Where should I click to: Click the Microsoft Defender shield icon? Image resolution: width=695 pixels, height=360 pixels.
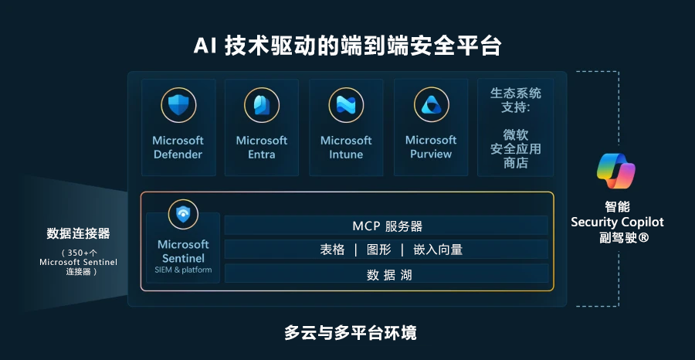[x=178, y=105]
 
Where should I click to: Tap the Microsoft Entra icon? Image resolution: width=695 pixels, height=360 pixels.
[x=262, y=105]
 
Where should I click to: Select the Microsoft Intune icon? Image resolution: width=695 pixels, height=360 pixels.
[x=346, y=105]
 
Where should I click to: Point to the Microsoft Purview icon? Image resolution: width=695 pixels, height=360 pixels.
[x=431, y=105]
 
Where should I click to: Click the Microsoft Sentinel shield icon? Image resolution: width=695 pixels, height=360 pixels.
[x=183, y=215]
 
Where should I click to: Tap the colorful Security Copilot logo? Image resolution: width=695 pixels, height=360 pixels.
[x=616, y=172]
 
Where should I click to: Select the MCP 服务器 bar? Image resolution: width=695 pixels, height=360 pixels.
[x=386, y=226]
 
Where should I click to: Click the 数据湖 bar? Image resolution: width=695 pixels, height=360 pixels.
[x=386, y=273]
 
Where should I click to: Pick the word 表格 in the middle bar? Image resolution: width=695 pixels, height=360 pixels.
[x=332, y=250]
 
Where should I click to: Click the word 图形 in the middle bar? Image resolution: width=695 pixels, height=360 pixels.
[x=379, y=250]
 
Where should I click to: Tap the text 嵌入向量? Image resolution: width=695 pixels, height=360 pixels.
[x=438, y=250]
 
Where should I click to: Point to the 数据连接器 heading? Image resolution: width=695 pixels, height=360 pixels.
[x=79, y=233]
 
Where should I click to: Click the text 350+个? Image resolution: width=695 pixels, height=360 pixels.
[x=79, y=253]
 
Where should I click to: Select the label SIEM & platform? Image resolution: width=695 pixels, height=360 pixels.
[x=183, y=270]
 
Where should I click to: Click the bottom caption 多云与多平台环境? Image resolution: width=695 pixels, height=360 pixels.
[x=350, y=332]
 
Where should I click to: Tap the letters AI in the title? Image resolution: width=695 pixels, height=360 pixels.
[x=205, y=46]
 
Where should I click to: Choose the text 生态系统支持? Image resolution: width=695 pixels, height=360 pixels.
[x=516, y=100]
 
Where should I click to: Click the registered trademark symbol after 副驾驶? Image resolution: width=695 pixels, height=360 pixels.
[x=644, y=238]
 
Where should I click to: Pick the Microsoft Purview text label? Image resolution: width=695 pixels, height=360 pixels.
[x=431, y=148]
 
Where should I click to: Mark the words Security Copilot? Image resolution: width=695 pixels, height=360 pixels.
[x=617, y=222]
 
